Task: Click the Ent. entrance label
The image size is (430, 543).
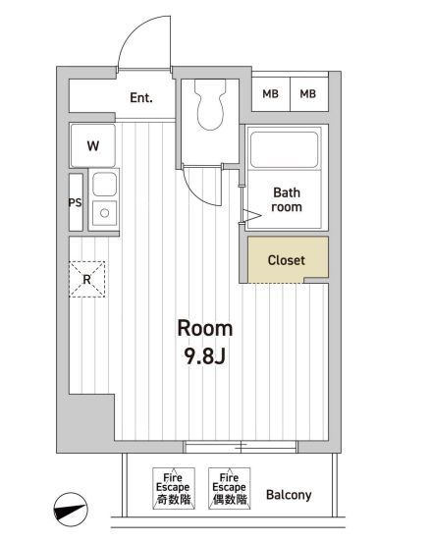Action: click(x=141, y=98)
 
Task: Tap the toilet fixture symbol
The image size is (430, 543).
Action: click(x=210, y=105)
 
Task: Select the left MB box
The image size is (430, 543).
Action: click(x=270, y=94)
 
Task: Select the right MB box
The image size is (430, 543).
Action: click(x=308, y=94)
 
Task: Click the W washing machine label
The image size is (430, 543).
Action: click(x=93, y=145)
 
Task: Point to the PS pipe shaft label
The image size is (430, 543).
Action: click(x=76, y=202)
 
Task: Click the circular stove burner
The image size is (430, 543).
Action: click(x=105, y=213)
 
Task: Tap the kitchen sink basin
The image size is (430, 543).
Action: click(x=104, y=184)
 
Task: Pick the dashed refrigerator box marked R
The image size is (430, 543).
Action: click(x=87, y=279)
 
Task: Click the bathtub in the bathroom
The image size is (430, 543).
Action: click(x=285, y=149)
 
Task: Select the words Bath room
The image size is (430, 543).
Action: click(x=287, y=199)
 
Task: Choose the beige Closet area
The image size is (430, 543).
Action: click(x=288, y=260)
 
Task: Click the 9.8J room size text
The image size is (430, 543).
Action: click(x=205, y=355)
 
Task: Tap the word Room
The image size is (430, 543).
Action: click(x=205, y=328)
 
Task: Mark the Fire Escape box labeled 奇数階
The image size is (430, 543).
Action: click(x=174, y=488)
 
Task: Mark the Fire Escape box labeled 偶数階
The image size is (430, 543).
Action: click(x=230, y=488)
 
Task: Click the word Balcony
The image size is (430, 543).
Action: click(x=289, y=495)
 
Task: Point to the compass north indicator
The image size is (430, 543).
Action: click(x=71, y=510)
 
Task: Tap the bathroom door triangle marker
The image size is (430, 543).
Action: click(x=252, y=215)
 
